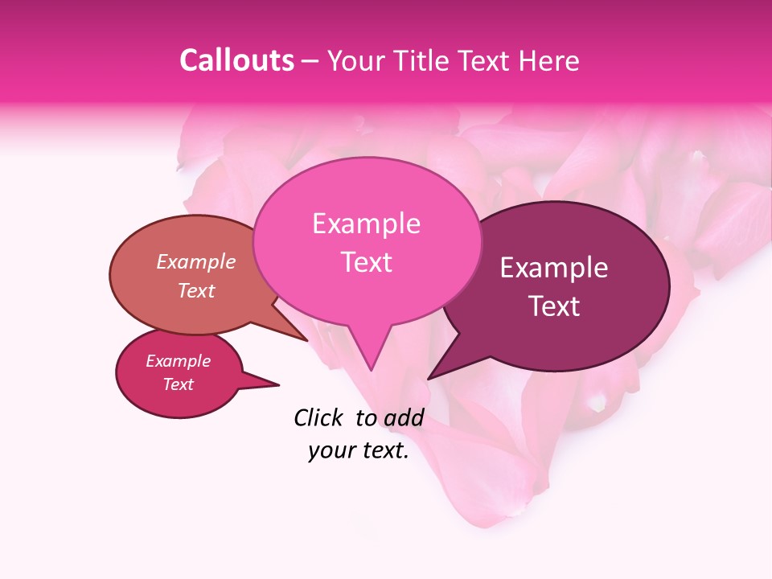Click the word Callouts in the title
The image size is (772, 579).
[236, 61]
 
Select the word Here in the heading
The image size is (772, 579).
[548, 61]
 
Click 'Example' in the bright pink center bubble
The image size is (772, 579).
[366, 224]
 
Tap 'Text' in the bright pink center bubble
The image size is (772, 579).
[366, 262]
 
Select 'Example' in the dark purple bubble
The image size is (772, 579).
[553, 268]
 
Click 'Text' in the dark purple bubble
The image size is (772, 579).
[553, 306]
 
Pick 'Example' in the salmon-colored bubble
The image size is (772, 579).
[196, 262]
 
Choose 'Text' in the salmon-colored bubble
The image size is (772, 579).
[196, 291]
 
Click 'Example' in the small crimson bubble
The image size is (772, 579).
[178, 361]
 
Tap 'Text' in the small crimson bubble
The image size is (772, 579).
[178, 384]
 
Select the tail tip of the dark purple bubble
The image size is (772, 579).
[429, 378]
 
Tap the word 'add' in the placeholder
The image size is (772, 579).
[402, 417]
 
